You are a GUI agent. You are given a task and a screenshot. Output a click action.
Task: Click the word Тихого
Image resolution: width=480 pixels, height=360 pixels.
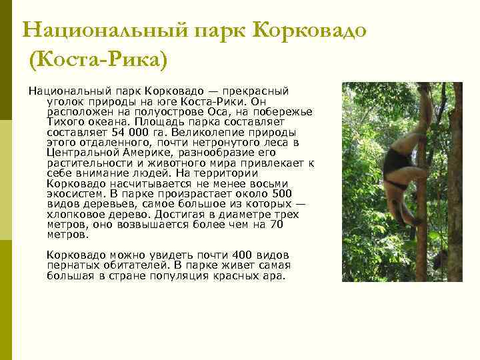pos(65,123)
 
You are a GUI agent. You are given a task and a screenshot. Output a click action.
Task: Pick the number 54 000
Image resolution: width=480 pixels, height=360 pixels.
pos(125,133)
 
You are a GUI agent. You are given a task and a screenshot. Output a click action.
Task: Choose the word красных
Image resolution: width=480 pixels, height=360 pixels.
pos(233,275)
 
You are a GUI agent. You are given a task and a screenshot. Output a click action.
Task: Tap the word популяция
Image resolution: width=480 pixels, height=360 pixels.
pos(177,275)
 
